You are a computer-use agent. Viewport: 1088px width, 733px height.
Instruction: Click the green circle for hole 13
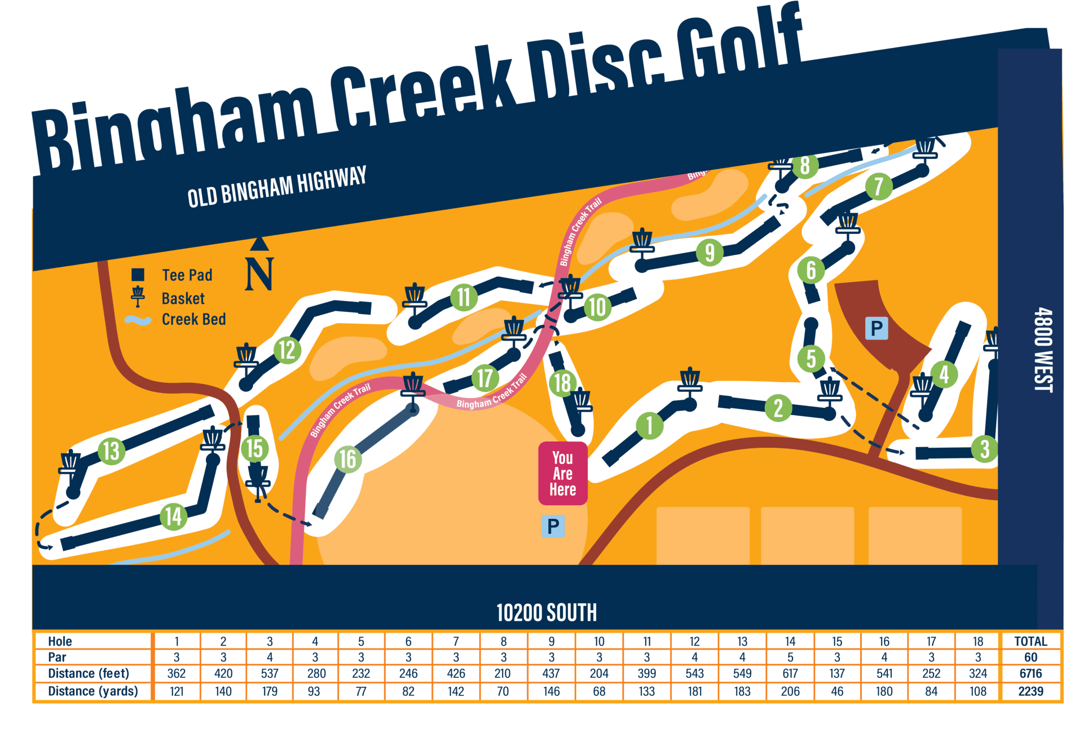pos(111,451)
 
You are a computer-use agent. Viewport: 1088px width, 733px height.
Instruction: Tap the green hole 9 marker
pos(710,251)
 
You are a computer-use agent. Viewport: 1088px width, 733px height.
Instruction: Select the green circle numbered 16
pos(347,459)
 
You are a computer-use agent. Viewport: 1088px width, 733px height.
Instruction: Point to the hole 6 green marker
pos(811,270)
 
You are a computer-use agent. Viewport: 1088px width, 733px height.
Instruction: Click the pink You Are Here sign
pos(562,474)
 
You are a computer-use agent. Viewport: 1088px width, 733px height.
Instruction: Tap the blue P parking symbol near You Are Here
pos(553,526)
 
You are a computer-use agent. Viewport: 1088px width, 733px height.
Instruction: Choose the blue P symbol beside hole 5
pos(876,328)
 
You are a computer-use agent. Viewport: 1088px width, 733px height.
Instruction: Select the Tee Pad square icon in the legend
pos(138,275)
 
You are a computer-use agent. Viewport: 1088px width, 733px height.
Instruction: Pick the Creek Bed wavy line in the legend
pos(138,320)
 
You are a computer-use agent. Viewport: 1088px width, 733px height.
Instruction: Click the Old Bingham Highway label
pos(277,187)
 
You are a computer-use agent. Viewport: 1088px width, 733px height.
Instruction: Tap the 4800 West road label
pos(1043,350)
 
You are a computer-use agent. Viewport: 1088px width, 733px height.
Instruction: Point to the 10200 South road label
pos(546,612)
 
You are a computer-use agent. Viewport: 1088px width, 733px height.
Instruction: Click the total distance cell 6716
pos(1030,673)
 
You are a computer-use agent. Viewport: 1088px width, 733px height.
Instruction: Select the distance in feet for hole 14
pos(790,673)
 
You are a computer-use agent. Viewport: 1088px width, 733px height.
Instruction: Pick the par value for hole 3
pos(270,657)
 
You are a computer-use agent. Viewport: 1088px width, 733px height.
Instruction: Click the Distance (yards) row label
pos(93,691)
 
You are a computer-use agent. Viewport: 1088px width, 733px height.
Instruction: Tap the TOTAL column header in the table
pos(1030,641)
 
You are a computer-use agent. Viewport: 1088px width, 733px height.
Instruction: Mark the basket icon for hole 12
pos(246,358)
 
